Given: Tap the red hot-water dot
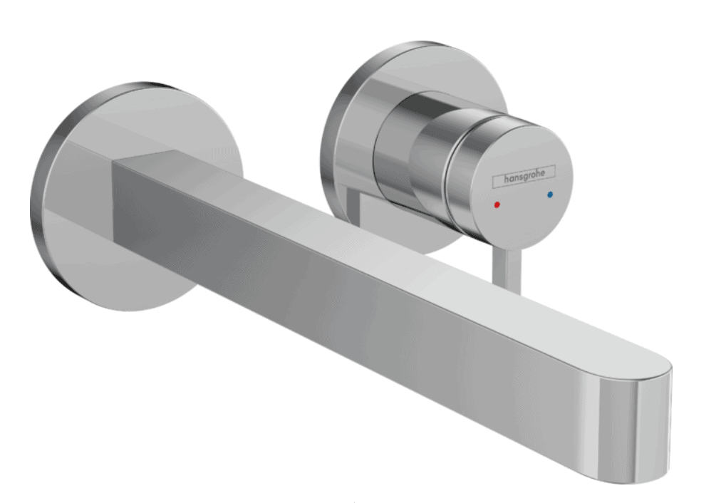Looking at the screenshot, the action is (497, 204).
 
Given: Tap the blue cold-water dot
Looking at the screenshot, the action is (550, 195).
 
